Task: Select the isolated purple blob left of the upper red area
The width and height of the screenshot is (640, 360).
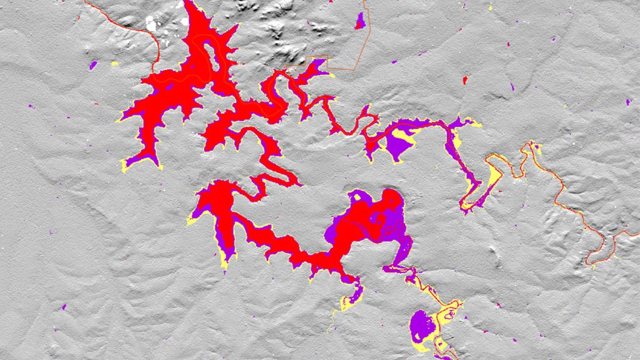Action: tap(93, 64)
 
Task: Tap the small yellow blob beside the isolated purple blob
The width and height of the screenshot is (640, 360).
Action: tap(114, 64)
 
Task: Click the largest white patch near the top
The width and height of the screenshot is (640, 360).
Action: tap(151, 24)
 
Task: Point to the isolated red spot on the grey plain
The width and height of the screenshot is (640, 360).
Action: tap(465, 80)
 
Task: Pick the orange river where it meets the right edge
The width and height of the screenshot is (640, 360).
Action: tap(636, 232)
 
